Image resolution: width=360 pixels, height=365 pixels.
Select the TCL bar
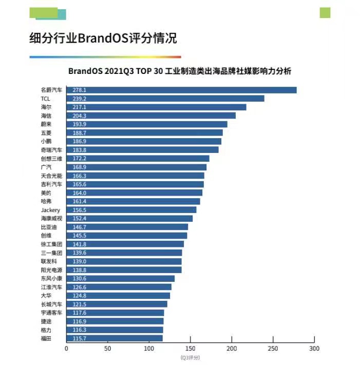point(165,99)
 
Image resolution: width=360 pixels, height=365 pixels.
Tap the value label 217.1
point(79,107)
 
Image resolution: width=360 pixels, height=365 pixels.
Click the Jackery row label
point(50,210)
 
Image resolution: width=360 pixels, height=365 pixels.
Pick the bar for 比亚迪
point(127,227)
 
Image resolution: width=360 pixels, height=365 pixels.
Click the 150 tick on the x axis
point(191,348)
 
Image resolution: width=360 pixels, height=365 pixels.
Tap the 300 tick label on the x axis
point(314,348)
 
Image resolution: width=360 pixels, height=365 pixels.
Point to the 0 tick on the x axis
point(66,348)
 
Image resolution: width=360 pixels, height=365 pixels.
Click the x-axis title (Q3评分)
point(190,357)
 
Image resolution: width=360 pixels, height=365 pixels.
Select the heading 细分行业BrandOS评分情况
point(103,39)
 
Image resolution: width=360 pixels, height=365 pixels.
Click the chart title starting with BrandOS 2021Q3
point(180,71)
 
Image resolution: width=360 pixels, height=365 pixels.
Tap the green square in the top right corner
point(325,13)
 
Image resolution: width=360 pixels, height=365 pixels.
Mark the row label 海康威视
point(51,219)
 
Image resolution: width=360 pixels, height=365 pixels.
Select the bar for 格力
point(115,330)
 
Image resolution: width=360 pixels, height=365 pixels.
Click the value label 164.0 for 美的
point(79,193)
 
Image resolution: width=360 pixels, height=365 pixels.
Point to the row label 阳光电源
point(51,270)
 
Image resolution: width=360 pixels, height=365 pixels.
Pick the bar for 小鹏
point(144,141)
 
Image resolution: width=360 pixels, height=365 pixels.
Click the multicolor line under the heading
point(105,57)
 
